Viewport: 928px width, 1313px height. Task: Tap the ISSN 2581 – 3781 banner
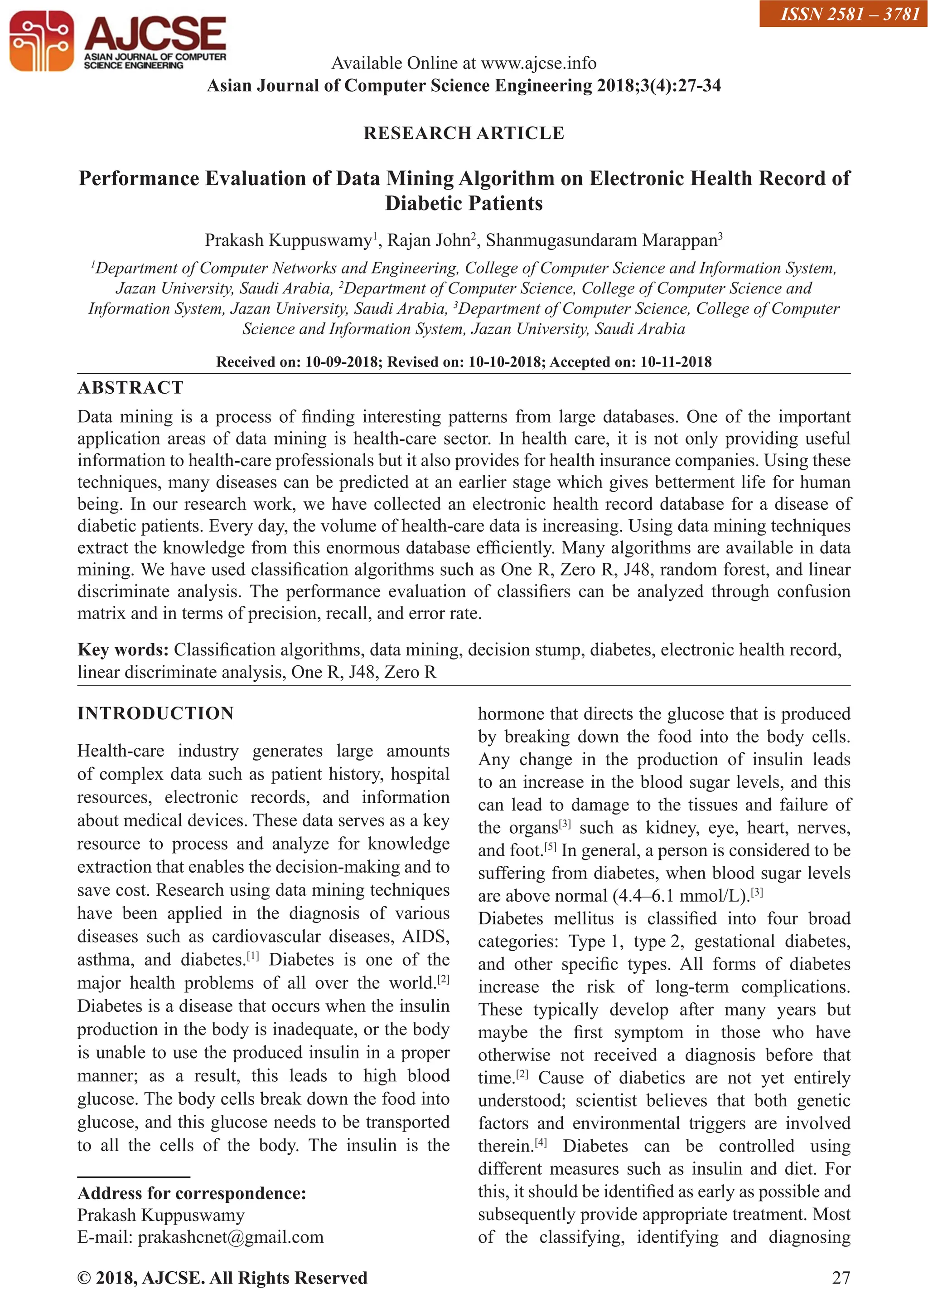pos(843,14)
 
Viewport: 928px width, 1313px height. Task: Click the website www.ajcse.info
pos(538,63)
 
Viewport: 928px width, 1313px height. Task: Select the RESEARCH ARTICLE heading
pos(464,133)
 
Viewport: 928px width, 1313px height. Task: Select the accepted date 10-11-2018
pos(676,362)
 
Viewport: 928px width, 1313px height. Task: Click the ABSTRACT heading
pos(130,388)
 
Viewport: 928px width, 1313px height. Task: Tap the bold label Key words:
pos(123,649)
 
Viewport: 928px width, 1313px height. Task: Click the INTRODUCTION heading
pos(155,714)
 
